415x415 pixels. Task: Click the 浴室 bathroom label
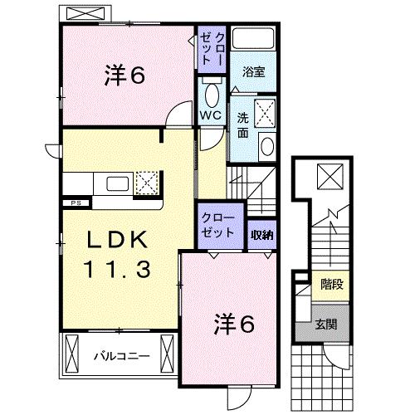pos(253,73)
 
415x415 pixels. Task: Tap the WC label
pos(208,115)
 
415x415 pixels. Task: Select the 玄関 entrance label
pos(326,324)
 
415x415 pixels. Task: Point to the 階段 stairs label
pos(331,285)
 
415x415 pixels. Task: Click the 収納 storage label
pos(263,235)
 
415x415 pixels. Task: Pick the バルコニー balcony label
pos(120,356)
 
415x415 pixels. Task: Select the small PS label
pos(74,202)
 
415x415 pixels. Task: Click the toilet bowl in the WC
pos(210,93)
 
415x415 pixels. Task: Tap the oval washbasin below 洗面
pos(267,146)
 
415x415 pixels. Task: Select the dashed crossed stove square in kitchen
pos(146,182)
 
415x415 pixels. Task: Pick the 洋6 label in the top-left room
pos(126,75)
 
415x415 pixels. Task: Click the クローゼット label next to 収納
pos(219,227)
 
